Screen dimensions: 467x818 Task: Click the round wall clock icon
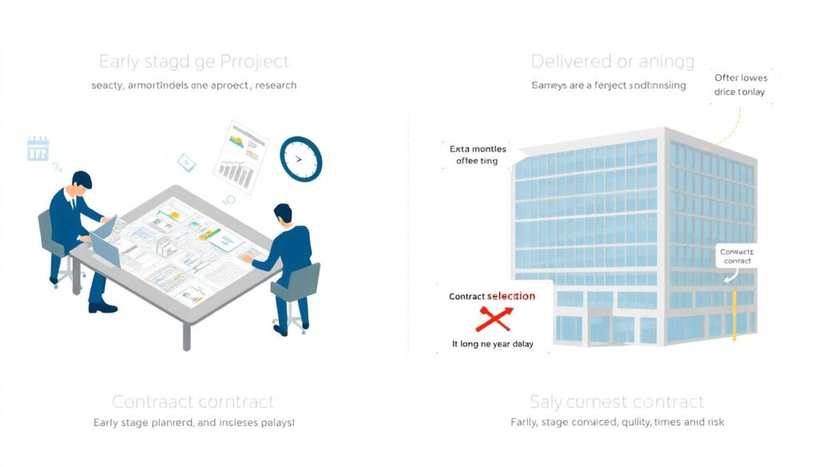click(x=300, y=158)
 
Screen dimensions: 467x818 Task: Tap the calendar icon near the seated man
click(x=38, y=148)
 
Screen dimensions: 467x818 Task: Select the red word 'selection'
click(x=510, y=296)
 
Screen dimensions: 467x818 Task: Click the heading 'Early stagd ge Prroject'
click(x=193, y=61)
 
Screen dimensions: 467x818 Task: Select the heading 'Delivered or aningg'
click(x=612, y=61)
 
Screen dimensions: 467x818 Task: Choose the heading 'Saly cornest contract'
click(x=617, y=402)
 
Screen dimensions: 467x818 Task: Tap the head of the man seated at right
click(x=283, y=213)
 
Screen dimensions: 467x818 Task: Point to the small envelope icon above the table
click(x=186, y=162)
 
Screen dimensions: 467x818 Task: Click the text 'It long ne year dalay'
click(x=493, y=344)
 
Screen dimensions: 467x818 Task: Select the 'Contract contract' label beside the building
click(x=736, y=256)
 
